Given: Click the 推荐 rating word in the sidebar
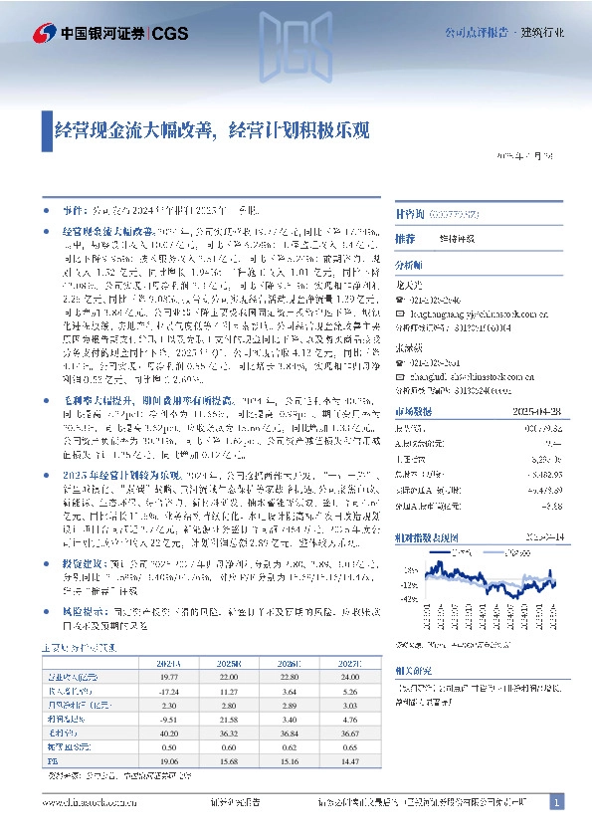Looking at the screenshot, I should point(404,239).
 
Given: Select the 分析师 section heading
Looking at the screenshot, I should point(408,266).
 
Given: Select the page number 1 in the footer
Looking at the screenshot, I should point(557,801).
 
